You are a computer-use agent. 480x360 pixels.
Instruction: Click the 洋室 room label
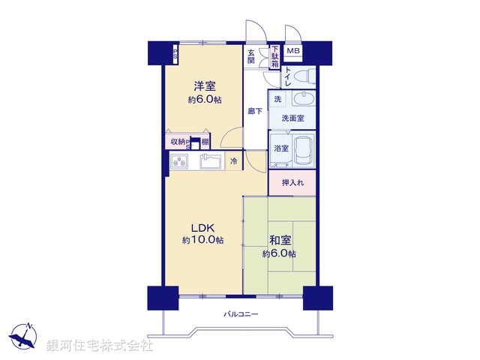pos(205,85)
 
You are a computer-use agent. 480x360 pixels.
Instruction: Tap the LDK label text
pos(202,228)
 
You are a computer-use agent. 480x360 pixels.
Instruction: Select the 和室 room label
pos(281,241)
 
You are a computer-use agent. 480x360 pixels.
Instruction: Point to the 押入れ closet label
pos(292,183)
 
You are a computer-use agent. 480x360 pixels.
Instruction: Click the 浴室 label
pos(281,148)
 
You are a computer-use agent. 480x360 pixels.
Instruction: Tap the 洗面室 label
pos(292,118)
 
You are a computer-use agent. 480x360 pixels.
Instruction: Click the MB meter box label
pos(293,51)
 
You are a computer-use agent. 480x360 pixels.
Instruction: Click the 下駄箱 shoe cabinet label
pos(274,58)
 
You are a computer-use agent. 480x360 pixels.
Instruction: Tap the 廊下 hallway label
pos(254,112)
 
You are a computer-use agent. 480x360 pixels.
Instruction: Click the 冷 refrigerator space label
pos(233,161)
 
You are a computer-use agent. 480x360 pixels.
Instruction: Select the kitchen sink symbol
pos(211,161)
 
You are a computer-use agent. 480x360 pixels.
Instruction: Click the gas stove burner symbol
pos(181,161)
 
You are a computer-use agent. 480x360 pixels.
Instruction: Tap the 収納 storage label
pos(177,142)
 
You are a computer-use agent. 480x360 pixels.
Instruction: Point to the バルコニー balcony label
pos(241,313)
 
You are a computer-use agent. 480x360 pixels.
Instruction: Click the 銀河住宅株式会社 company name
pos(100,346)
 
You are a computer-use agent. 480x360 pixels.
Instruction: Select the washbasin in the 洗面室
pos(303,101)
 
